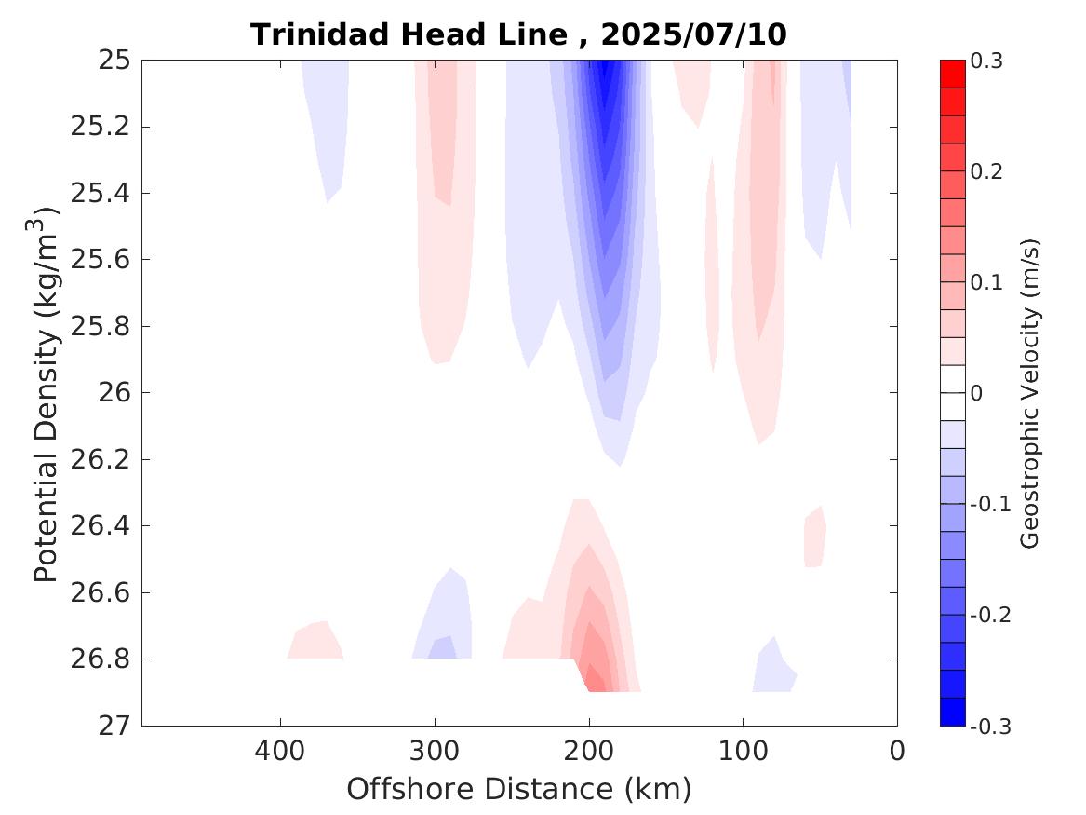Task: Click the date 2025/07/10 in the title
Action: pyautogui.click(x=693, y=35)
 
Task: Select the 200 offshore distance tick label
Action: pyautogui.click(x=588, y=750)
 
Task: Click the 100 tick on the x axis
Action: pyautogui.click(x=743, y=750)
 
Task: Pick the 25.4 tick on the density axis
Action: pyautogui.click(x=98, y=194)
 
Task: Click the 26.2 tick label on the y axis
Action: pyautogui.click(x=98, y=459)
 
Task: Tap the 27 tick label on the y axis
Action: pyautogui.click(x=115, y=726)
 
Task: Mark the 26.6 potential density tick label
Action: pyautogui.click(x=98, y=592)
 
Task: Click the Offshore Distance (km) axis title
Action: pyautogui.click(x=518, y=790)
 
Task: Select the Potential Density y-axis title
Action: pyautogui.click(x=47, y=393)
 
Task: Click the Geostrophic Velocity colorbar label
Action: pyautogui.click(x=1030, y=393)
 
